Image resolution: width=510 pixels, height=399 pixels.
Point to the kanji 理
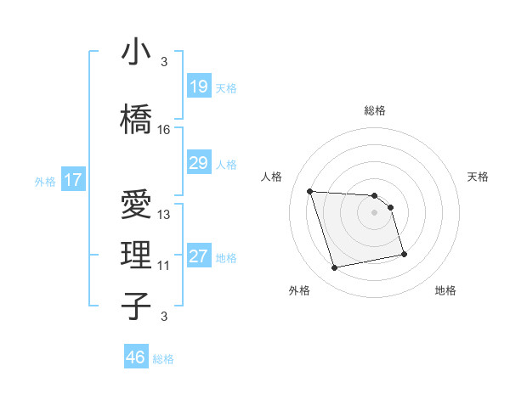point(137,254)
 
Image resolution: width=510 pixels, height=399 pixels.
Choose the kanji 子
point(137,306)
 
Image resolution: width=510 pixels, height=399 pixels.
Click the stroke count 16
point(164,130)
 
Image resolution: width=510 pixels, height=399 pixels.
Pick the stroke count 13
point(164,215)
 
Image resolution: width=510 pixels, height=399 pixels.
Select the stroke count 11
point(164,266)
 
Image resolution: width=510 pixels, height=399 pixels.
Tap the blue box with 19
point(199,86)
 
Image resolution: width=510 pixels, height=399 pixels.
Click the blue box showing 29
point(199,163)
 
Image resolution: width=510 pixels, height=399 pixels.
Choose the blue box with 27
point(199,256)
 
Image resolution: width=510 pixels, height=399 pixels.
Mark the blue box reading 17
point(72,180)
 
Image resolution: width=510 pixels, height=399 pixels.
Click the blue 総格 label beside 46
point(163,359)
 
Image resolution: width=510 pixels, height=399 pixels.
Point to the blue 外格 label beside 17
point(44,181)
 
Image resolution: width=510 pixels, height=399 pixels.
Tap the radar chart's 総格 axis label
point(375,110)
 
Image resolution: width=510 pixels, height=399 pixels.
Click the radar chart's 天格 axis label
point(479,177)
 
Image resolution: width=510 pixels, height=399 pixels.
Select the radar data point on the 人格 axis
point(310,191)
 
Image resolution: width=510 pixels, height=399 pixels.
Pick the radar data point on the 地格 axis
point(404,254)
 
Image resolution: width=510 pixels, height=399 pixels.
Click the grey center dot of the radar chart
point(375,212)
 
